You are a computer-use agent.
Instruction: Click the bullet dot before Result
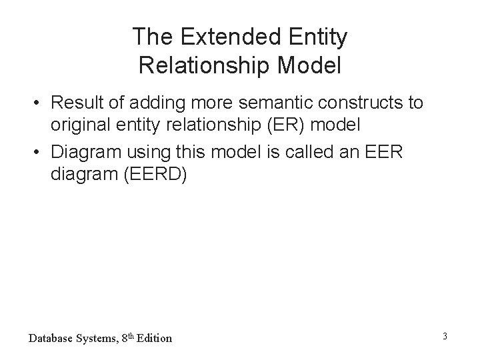click(41, 103)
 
